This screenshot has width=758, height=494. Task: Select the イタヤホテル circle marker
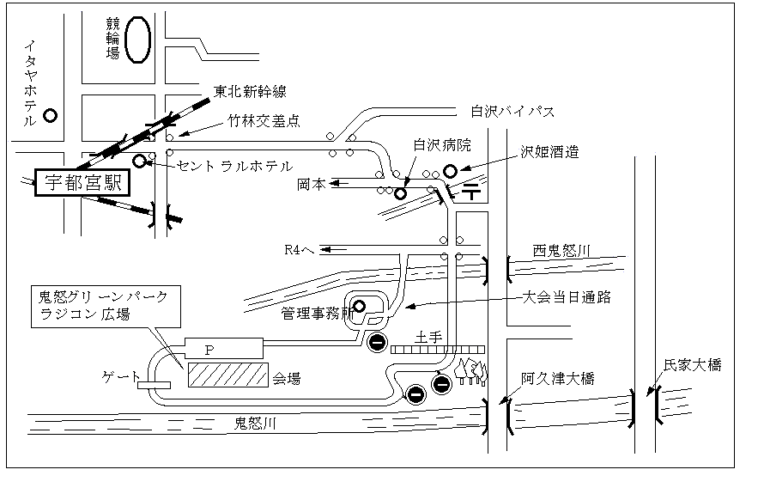pyautogui.click(x=50, y=114)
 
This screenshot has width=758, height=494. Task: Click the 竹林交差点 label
pyautogui.click(x=264, y=122)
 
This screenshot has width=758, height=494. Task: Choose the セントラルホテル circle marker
pyautogui.click(x=140, y=161)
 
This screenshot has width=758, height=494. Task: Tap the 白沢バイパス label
pyautogui.click(x=512, y=112)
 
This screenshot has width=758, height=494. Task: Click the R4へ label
pyautogui.click(x=300, y=251)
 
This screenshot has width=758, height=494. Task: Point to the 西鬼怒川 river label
pyautogui.click(x=563, y=251)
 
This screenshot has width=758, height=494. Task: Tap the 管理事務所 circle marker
pyautogui.click(x=360, y=305)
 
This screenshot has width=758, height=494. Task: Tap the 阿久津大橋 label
pyautogui.click(x=557, y=378)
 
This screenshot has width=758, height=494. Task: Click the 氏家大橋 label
pyautogui.click(x=692, y=365)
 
